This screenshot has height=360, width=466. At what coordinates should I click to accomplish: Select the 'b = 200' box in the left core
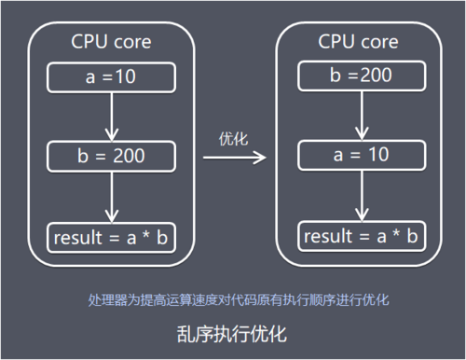[x=111, y=157]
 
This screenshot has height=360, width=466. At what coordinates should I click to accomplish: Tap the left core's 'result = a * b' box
[x=111, y=238]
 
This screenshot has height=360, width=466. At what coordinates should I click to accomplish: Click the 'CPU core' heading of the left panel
[x=111, y=42]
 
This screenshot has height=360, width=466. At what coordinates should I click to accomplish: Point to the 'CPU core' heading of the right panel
[x=359, y=42]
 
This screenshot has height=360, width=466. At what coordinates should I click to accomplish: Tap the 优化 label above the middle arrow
[x=232, y=139]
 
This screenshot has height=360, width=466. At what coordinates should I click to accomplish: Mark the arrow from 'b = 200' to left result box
[x=111, y=197]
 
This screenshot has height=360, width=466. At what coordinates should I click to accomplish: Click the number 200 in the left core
[x=129, y=157]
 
